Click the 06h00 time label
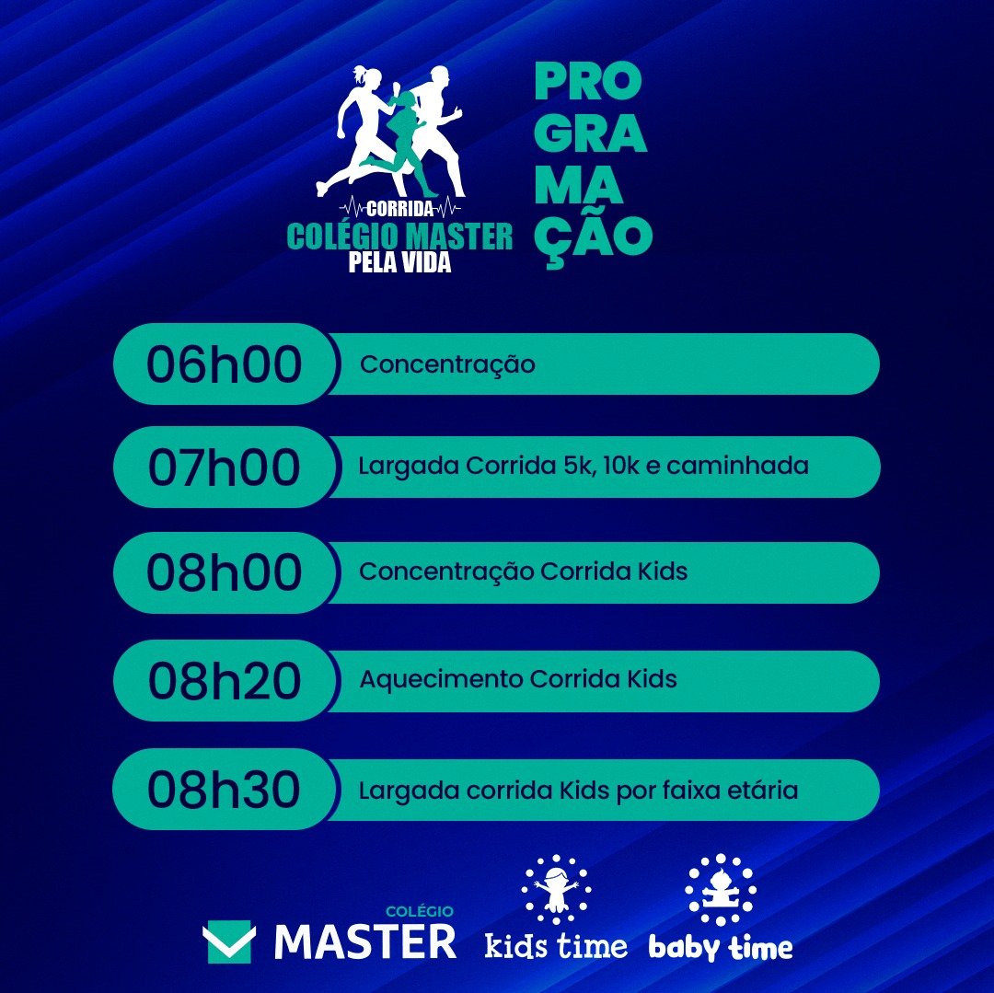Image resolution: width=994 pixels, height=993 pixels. (x=224, y=364)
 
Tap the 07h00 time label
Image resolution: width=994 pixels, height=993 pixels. (x=224, y=467)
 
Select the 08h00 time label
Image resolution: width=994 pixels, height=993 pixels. (x=224, y=572)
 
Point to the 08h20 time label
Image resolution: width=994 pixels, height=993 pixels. (x=224, y=681)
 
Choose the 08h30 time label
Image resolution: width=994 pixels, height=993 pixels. (x=224, y=790)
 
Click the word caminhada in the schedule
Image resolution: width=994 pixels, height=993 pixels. (x=737, y=466)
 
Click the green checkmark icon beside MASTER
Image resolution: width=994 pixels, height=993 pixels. (x=229, y=941)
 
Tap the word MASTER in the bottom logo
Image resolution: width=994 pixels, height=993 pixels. (x=365, y=941)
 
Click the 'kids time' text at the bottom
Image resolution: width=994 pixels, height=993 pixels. (x=556, y=946)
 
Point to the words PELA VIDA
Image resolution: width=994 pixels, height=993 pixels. (x=399, y=261)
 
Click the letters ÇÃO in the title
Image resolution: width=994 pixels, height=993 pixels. (x=594, y=237)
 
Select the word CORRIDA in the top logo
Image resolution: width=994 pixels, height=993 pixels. (x=400, y=208)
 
